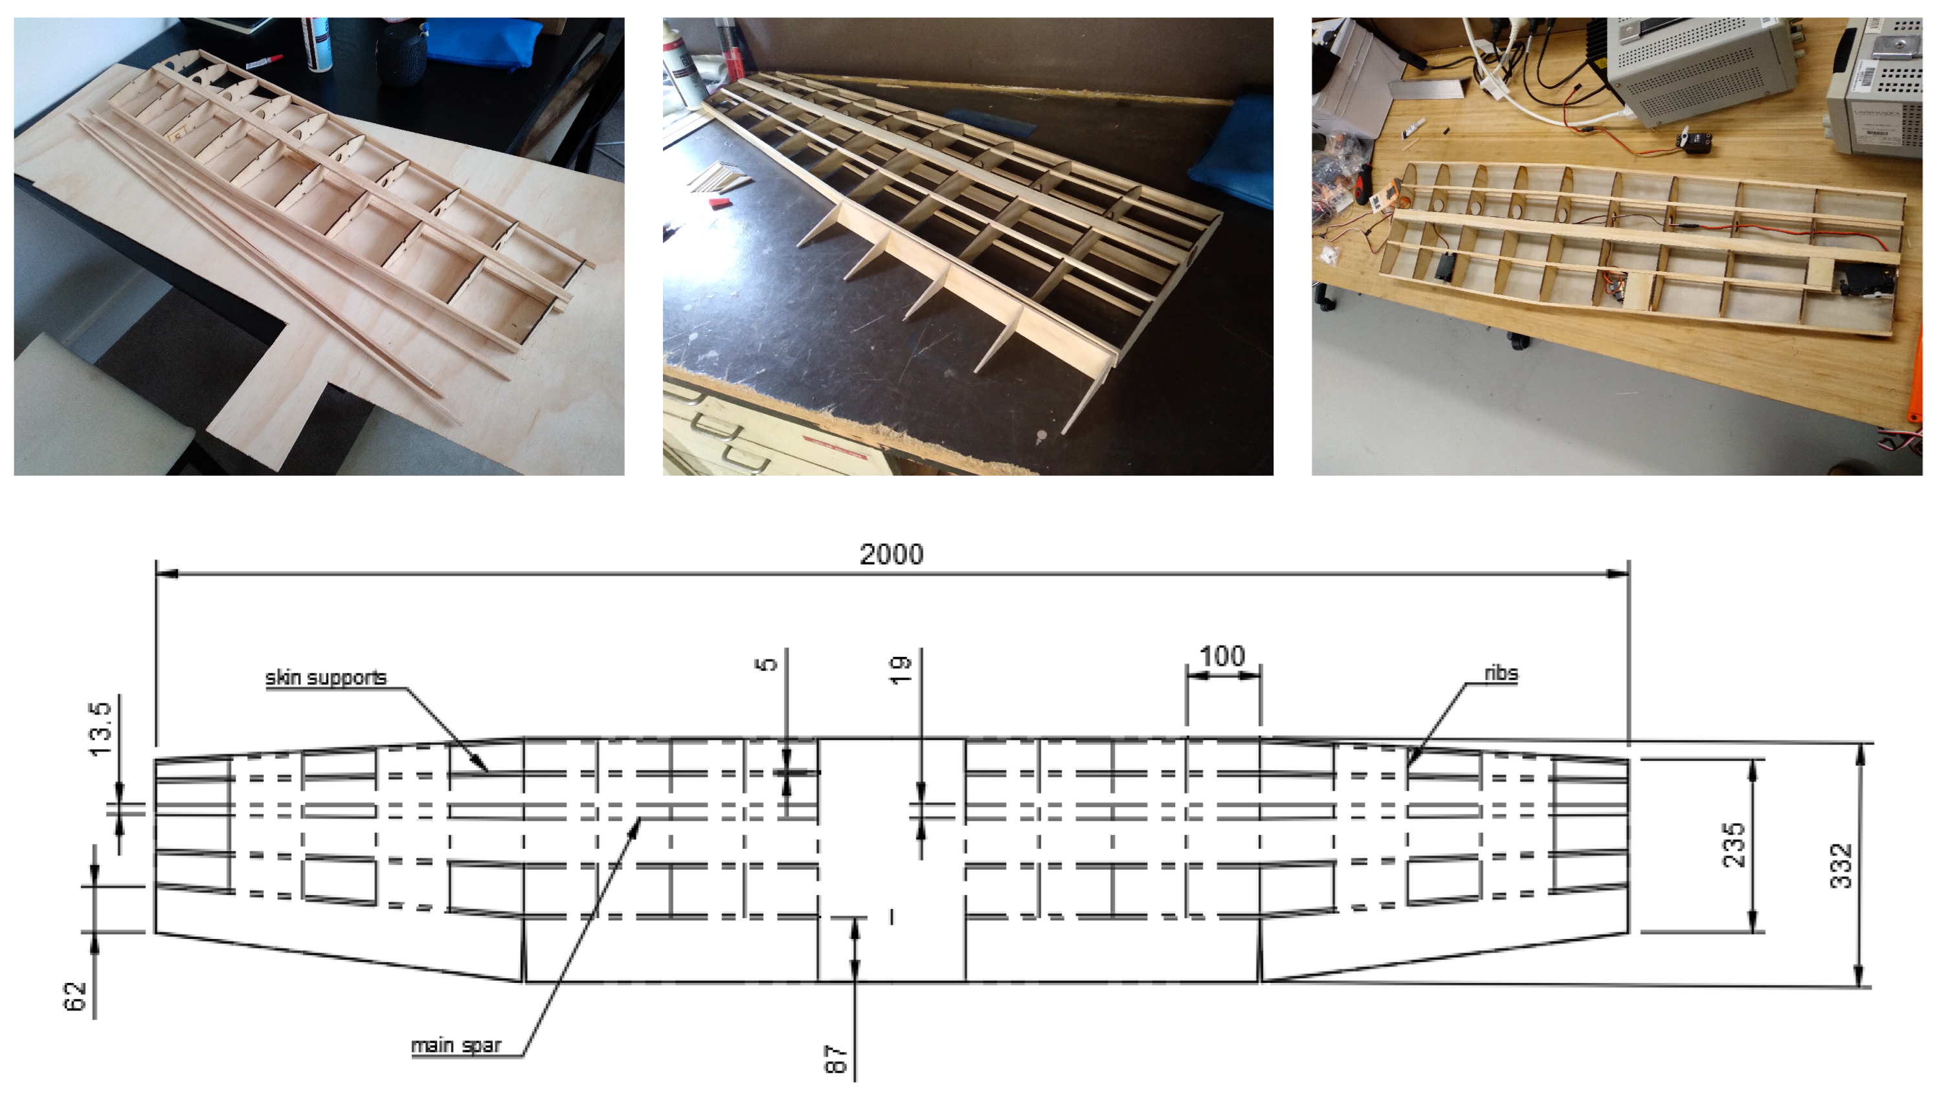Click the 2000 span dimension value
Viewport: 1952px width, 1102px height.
[x=891, y=555]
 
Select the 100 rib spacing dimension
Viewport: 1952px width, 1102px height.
[x=1222, y=656]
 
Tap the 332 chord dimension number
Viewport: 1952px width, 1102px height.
[x=1841, y=865]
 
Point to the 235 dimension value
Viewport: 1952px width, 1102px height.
[x=1734, y=845]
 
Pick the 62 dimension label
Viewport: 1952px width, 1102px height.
[x=75, y=997]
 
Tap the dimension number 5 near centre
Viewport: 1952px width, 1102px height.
[x=767, y=664]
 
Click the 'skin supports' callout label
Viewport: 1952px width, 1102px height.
[x=326, y=677]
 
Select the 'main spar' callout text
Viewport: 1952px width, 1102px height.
[x=455, y=1046]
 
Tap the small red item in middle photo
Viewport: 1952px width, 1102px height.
[x=720, y=203]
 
